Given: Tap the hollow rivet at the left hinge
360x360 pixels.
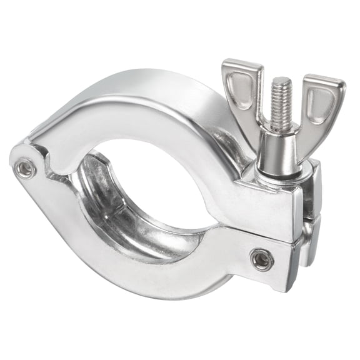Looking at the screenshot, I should [25, 167].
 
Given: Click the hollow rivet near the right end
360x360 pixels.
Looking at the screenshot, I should [261, 258].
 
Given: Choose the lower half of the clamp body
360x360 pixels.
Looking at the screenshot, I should [144, 262].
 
